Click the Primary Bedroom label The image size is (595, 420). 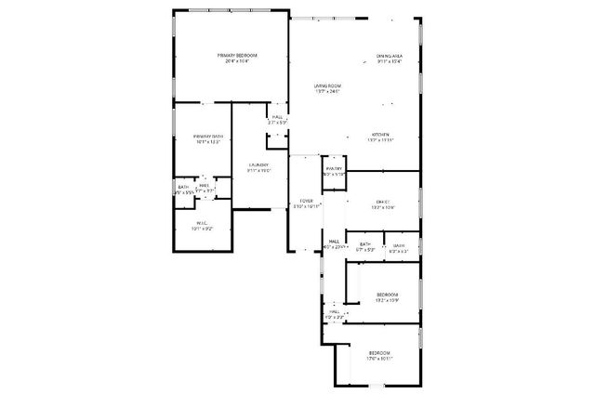(237, 56)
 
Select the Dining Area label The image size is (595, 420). (390, 56)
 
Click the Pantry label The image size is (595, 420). (334, 168)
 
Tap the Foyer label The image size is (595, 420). (305, 200)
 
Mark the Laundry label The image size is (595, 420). (258, 165)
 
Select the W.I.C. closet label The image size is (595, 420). (201, 222)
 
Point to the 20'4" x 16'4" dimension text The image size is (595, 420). (237, 62)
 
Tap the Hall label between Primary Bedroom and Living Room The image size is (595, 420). (277, 116)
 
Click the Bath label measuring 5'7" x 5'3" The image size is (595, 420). (366, 244)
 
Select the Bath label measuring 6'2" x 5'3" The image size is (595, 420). (399, 245)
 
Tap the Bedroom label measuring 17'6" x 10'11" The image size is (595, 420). (380, 352)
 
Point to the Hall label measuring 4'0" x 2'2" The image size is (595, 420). (334, 312)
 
